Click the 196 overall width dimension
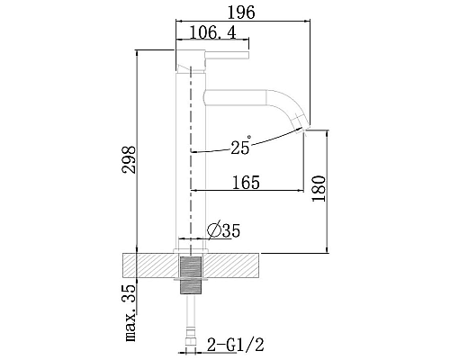coord(241,13)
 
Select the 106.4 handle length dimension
coord(212,32)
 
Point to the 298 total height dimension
coord(129,159)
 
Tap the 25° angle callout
coord(241,145)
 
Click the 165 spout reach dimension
coord(246,183)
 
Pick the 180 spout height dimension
coord(319,189)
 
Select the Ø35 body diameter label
coord(224,230)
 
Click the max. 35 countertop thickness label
coord(130,312)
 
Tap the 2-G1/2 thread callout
coord(236,345)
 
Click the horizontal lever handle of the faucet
coord(227,55)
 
